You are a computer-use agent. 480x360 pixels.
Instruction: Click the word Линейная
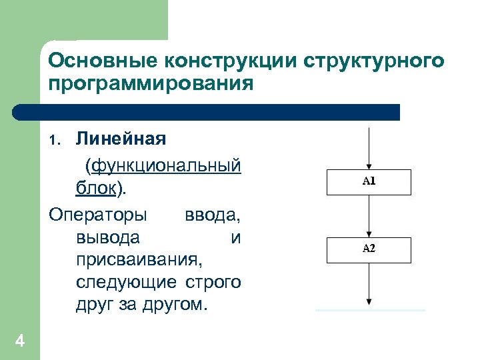click(121, 140)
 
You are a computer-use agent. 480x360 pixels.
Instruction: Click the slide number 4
click(20, 342)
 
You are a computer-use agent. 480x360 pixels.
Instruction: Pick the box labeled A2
click(369, 249)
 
